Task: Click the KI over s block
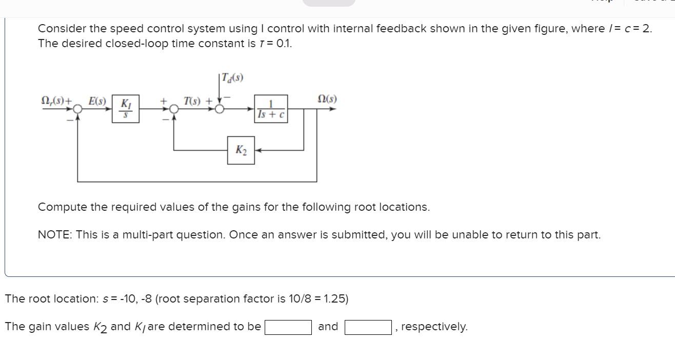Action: coord(125,109)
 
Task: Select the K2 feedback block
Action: coord(241,150)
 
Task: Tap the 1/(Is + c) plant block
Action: coord(271,109)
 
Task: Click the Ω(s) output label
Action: coord(327,98)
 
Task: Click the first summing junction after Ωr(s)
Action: coord(77,109)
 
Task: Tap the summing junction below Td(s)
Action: coord(220,109)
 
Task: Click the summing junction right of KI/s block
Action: coord(174,109)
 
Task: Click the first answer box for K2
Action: coord(288,327)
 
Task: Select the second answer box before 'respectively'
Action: coord(368,327)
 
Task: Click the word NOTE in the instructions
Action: coord(55,235)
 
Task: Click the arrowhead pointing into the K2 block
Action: coord(257,150)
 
